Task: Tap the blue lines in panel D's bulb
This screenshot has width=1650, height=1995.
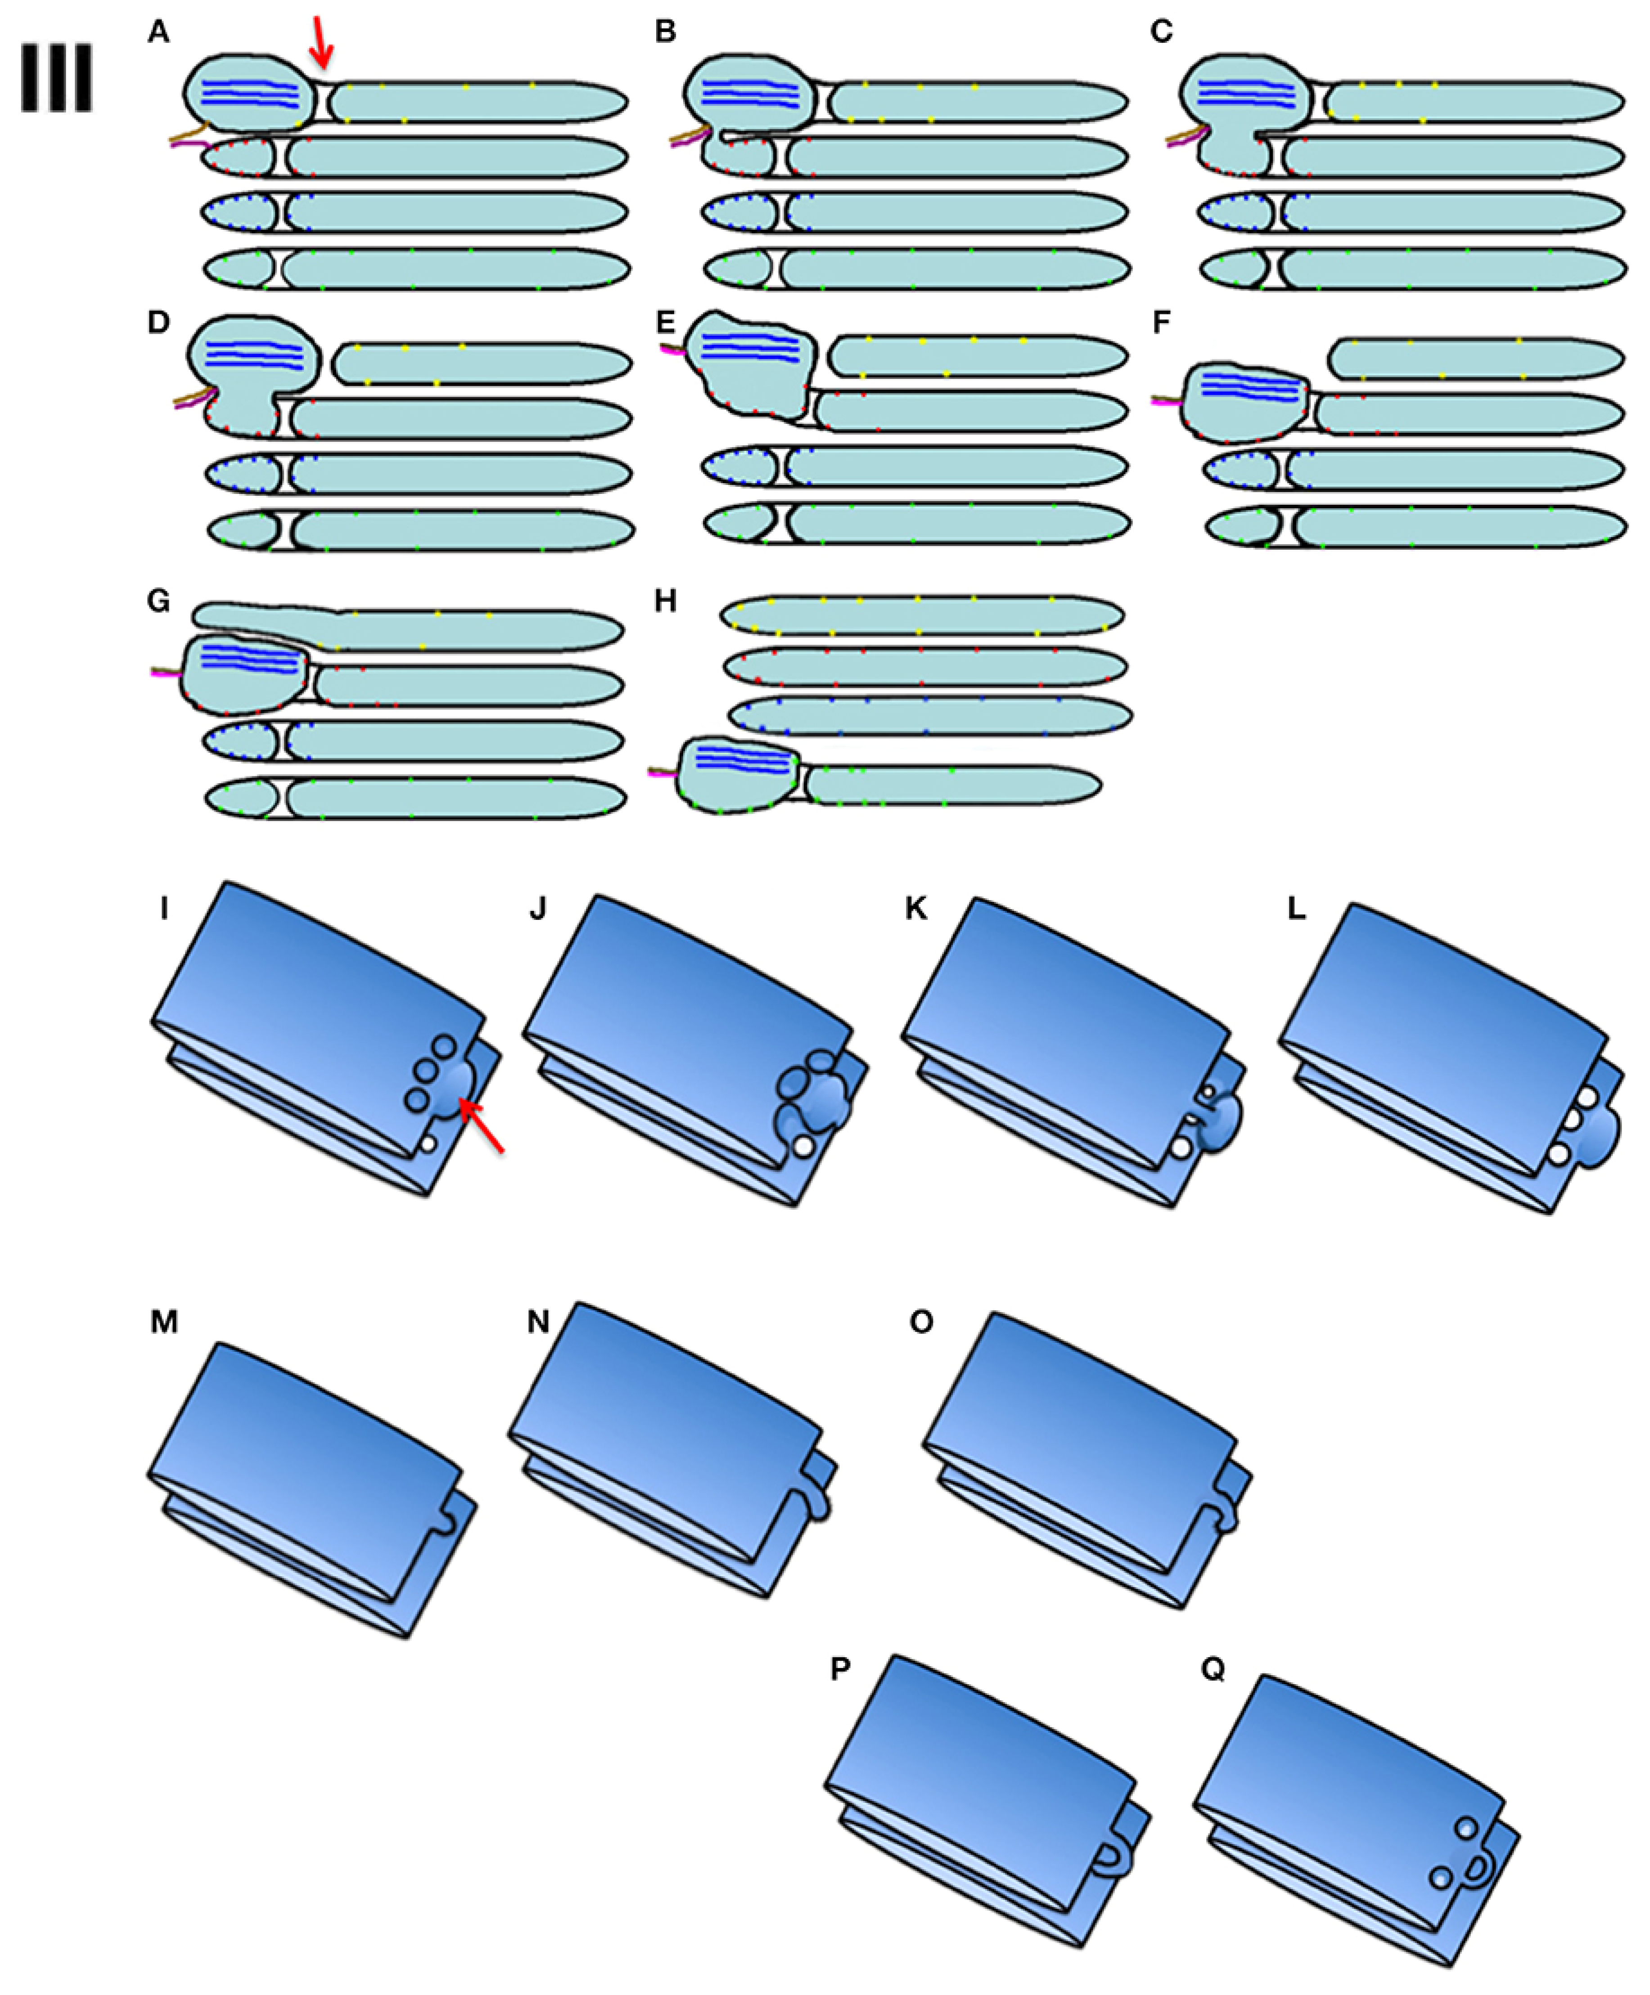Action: pos(255,354)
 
